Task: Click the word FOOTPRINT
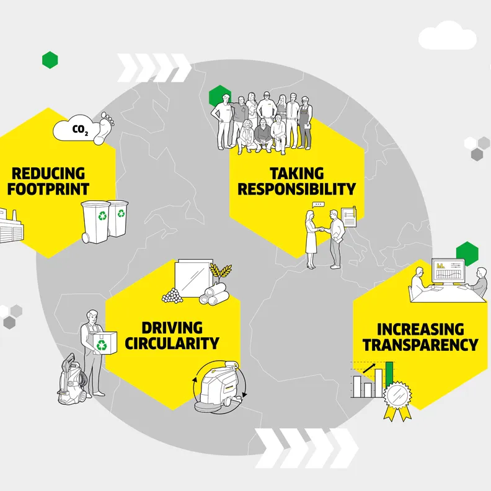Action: pyautogui.click(x=51, y=188)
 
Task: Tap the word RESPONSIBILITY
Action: pyautogui.click(x=296, y=189)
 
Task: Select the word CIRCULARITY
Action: pyautogui.click(x=172, y=343)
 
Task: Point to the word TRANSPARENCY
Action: pyautogui.click(x=420, y=345)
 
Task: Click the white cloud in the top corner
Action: pyautogui.click(x=448, y=38)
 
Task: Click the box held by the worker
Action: pyautogui.click(x=104, y=343)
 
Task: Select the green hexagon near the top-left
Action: pyautogui.click(x=50, y=60)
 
